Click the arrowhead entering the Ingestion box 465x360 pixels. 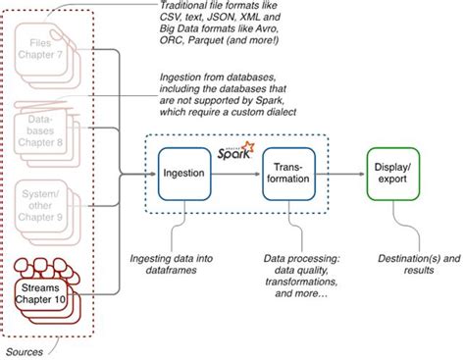(x=151, y=175)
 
